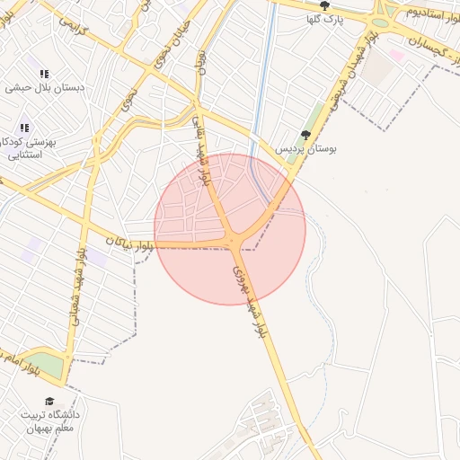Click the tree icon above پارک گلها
coord(337,4)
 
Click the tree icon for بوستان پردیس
coord(305,135)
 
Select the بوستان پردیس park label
coord(306,148)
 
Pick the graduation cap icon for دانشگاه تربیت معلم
coord(50,401)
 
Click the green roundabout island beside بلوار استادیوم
coord(380,22)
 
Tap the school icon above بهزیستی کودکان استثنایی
coord(24,128)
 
